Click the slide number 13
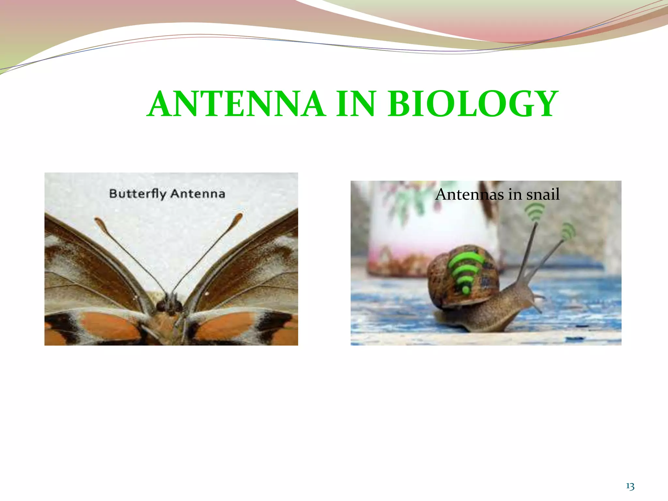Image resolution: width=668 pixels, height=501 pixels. [x=630, y=487]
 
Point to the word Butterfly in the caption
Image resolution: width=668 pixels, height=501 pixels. [x=137, y=194]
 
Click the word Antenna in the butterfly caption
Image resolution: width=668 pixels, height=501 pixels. [x=198, y=194]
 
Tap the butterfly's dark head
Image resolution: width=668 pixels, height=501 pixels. [x=170, y=305]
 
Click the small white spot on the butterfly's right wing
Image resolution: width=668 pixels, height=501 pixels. [x=207, y=294]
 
